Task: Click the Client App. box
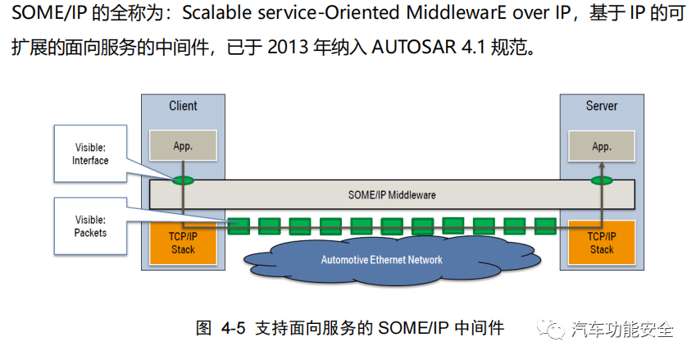click(x=183, y=146)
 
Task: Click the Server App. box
click(x=601, y=146)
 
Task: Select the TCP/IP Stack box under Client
click(x=183, y=243)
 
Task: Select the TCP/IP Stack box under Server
click(x=601, y=243)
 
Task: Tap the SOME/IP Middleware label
click(x=392, y=194)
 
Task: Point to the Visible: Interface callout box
click(x=90, y=153)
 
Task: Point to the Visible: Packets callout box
click(x=90, y=226)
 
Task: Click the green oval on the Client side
click(x=183, y=180)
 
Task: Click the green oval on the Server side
click(x=602, y=180)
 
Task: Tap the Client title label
click(x=183, y=106)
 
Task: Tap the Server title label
click(x=602, y=106)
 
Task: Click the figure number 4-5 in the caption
click(x=234, y=329)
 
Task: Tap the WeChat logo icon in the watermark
click(x=548, y=330)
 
